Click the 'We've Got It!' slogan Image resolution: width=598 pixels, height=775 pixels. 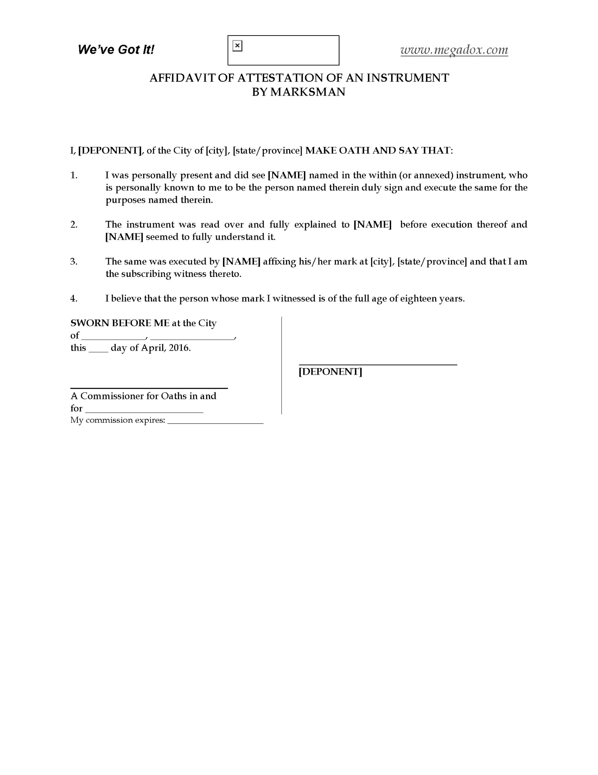(x=116, y=50)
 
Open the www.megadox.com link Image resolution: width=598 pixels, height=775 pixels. (x=454, y=50)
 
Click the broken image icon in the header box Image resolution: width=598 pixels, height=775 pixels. (x=238, y=46)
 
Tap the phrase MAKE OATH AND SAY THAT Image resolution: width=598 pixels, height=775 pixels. (x=378, y=151)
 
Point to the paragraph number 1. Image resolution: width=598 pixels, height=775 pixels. (x=74, y=175)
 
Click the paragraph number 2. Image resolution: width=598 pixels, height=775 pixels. (x=74, y=224)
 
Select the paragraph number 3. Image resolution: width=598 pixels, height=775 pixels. (x=74, y=262)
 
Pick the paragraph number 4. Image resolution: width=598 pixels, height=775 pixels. (x=74, y=299)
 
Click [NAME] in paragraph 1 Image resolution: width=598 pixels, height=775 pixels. (x=287, y=175)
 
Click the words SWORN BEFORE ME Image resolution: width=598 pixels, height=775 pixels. (x=120, y=323)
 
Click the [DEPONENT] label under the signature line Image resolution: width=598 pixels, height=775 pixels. (x=330, y=371)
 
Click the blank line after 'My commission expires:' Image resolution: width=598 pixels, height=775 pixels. (x=215, y=421)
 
